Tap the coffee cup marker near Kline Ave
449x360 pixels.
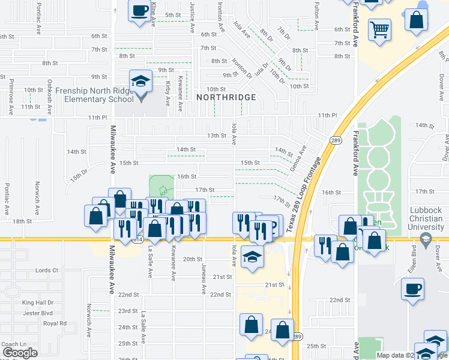pos(139,11)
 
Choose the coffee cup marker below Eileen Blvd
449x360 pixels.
pos(412,289)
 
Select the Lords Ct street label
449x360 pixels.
pos(47,271)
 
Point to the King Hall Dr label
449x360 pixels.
pos(38,303)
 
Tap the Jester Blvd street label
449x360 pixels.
pos(38,313)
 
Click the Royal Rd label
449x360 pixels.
pos(55,323)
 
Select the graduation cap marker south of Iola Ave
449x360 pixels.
pos(252,256)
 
